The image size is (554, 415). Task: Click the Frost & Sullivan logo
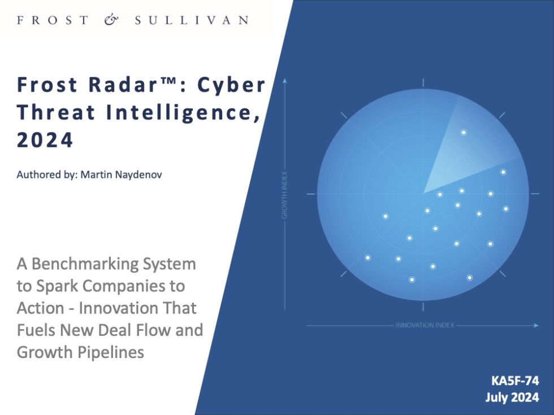[x=133, y=20]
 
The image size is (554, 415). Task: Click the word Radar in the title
[x=119, y=85]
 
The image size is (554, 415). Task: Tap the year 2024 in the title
[x=45, y=140]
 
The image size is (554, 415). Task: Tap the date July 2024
[x=512, y=397]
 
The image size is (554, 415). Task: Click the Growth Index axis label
[x=284, y=195]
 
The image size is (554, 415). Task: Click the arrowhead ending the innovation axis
[x=536, y=325]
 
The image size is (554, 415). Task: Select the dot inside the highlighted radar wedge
[x=464, y=133]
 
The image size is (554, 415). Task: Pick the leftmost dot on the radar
[x=368, y=257]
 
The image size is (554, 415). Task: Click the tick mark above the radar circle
[x=423, y=82]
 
